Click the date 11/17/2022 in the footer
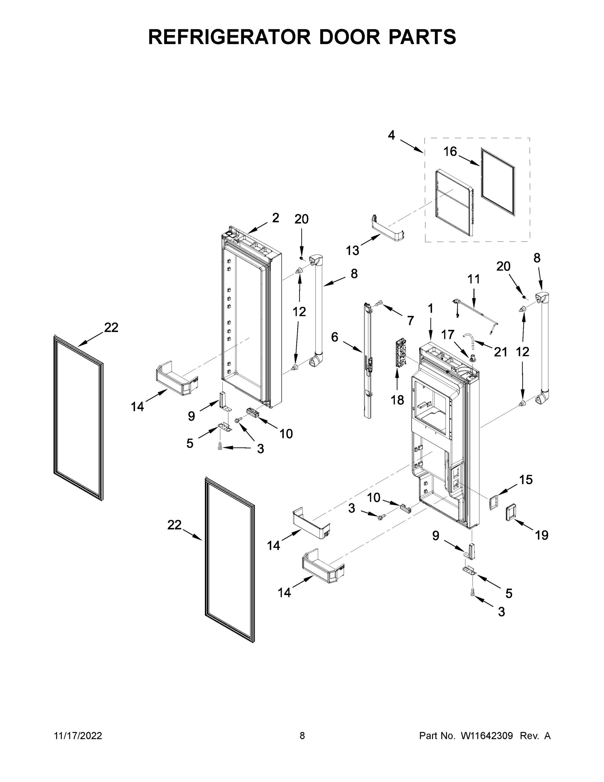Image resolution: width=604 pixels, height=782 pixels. point(78,736)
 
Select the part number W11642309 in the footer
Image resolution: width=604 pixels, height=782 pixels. point(487,736)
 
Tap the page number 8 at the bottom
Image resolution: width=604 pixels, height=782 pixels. point(302,736)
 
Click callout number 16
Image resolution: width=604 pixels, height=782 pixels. point(450,152)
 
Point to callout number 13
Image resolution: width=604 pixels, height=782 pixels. point(352,251)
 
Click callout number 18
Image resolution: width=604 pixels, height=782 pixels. point(397,400)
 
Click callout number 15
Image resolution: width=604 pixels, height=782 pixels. point(526,479)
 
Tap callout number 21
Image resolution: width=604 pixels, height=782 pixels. point(500,352)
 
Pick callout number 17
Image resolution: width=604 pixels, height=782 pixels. point(447,335)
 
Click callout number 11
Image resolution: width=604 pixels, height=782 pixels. point(474,279)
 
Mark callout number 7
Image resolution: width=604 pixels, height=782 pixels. point(410,321)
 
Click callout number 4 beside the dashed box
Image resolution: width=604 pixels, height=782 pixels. point(391,135)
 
